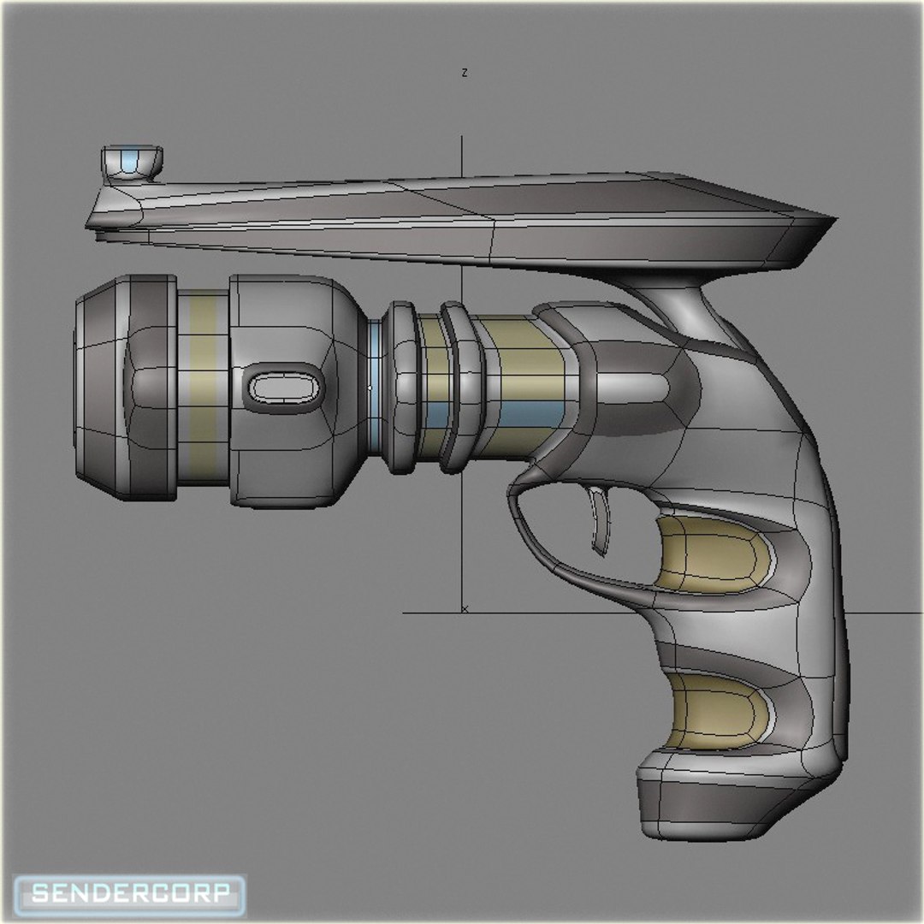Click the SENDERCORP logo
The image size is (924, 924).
tap(131, 894)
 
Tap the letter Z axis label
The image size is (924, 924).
tap(464, 74)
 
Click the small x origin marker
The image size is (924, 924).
tap(465, 608)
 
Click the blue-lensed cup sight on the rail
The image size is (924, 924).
tap(131, 162)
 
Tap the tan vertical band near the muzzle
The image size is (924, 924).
tap(203, 389)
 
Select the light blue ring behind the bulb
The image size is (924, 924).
tap(375, 389)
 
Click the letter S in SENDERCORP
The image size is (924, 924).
tap(41, 894)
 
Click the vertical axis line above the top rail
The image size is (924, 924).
tap(463, 154)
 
